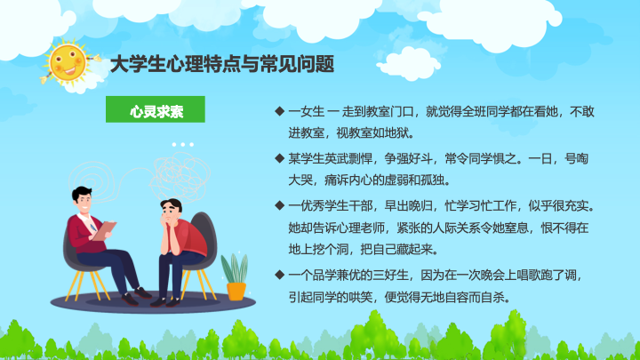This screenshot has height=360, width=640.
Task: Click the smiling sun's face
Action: (x=68, y=63)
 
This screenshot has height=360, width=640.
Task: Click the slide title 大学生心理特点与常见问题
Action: (x=222, y=64)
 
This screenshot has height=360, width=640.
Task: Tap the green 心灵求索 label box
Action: (x=156, y=109)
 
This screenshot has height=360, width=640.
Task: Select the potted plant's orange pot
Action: (x=236, y=291)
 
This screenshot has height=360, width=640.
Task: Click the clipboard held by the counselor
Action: (x=104, y=230)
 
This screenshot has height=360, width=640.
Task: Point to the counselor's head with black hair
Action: (x=83, y=198)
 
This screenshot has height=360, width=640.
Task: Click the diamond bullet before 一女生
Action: (x=280, y=111)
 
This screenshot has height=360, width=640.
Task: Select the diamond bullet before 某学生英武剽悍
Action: (x=280, y=158)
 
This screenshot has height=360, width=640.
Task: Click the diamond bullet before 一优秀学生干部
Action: (x=280, y=205)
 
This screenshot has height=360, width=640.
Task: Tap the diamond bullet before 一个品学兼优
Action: (x=280, y=275)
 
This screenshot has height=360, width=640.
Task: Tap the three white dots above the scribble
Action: (x=183, y=145)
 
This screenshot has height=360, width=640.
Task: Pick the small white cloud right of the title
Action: (x=409, y=63)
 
